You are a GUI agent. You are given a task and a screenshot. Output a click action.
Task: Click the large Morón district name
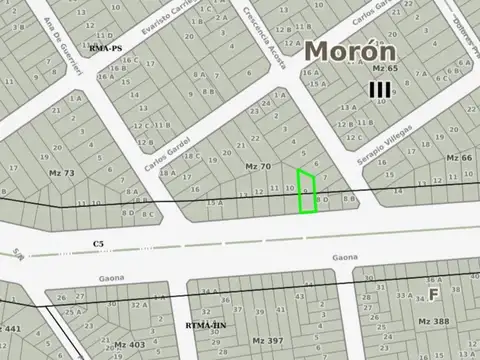coord(350,51)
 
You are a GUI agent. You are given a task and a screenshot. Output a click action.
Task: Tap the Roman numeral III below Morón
coord(379,90)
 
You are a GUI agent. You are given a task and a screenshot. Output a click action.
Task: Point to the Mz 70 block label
coord(257,165)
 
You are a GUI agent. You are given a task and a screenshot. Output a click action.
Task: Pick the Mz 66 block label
coord(459,158)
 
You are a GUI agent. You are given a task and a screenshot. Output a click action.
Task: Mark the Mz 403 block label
coord(130,344)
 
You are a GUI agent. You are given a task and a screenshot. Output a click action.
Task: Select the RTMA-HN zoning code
coord(208,325)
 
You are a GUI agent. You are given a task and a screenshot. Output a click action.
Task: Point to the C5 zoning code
coord(98,243)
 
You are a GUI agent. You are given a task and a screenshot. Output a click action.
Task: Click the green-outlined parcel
coord(309,191)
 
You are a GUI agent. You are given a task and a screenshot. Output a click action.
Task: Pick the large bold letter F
coord(434,294)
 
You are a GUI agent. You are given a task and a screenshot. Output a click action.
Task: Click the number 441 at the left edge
coord(11,328)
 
